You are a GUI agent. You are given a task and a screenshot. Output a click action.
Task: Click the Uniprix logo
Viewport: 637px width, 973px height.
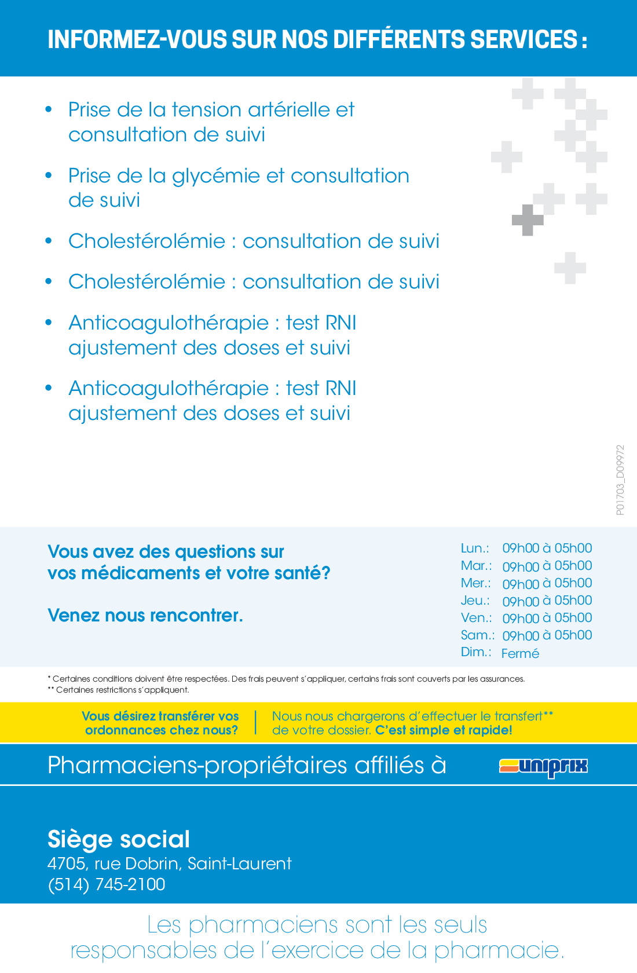point(543,766)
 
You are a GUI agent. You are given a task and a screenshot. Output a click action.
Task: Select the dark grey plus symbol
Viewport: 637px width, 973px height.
point(528,220)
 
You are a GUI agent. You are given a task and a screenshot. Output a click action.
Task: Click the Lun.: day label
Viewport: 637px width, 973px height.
point(475,548)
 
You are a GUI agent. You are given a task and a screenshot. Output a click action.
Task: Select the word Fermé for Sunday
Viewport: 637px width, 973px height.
point(520,653)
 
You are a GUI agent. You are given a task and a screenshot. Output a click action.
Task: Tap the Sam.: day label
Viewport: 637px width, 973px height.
point(477,635)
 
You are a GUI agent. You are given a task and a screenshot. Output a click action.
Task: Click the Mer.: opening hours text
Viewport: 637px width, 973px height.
point(547,583)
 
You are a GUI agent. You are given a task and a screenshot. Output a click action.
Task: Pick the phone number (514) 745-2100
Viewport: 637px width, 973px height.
point(107,884)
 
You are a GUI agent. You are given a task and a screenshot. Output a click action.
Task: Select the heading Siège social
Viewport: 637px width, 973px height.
point(119,839)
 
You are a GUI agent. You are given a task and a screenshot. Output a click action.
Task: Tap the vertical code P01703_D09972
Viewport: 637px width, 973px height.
point(620,480)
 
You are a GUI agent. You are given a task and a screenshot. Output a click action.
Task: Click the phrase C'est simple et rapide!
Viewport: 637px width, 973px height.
point(444,730)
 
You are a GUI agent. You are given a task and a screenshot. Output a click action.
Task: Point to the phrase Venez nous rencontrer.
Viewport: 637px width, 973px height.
point(145,615)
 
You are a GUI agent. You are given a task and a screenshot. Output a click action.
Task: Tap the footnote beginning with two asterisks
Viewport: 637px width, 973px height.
point(118,690)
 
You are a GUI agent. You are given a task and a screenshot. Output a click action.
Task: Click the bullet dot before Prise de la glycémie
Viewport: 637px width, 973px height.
point(49,175)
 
